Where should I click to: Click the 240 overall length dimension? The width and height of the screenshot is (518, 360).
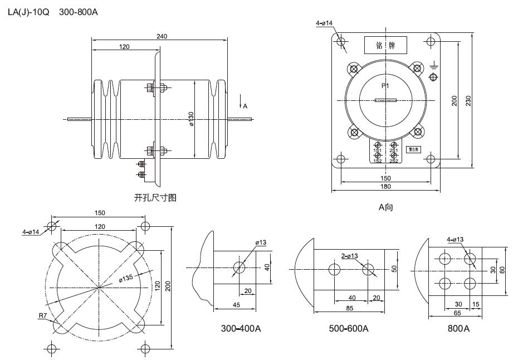[x=162, y=37]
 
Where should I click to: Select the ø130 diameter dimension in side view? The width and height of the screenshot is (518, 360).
[x=191, y=119]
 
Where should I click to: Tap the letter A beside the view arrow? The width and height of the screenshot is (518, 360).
[x=245, y=106]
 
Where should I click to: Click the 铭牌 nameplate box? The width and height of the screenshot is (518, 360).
[x=385, y=45]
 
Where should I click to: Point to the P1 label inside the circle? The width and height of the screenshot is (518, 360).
[x=385, y=86]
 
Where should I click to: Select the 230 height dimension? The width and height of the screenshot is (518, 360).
[x=468, y=100]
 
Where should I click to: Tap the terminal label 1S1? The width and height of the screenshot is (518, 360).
[x=377, y=151]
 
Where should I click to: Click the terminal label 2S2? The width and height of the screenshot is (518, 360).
[x=393, y=161]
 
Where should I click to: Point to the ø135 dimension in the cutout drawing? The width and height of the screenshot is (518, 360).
[x=126, y=279]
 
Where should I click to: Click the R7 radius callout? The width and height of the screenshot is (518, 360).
[x=42, y=316]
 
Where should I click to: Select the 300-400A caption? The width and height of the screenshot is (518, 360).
[x=241, y=328]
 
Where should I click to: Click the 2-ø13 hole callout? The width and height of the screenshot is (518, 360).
[x=350, y=256]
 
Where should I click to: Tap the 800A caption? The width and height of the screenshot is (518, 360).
[x=458, y=328]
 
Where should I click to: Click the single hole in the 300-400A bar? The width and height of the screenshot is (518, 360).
[x=240, y=267]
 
